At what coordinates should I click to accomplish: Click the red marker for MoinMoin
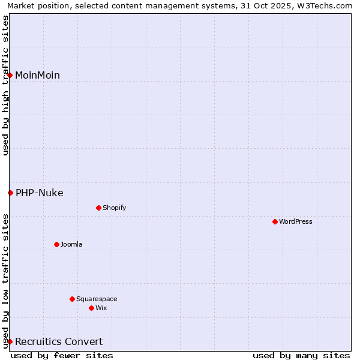click(10, 75)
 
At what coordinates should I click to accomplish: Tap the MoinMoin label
click(37, 75)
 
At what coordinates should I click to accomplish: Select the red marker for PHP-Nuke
click(10, 193)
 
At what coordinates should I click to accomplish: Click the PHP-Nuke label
click(39, 193)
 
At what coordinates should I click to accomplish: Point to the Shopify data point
click(98, 208)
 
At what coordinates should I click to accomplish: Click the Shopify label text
click(114, 208)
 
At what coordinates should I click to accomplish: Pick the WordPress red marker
click(275, 221)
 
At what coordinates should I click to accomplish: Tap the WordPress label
click(295, 221)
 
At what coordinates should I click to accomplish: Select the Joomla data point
click(56, 244)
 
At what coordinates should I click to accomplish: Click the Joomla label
click(71, 244)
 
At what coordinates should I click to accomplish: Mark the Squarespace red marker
click(72, 299)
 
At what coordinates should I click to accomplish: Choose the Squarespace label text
click(97, 299)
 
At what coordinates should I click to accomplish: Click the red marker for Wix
click(91, 308)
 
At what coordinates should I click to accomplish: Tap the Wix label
click(101, 308)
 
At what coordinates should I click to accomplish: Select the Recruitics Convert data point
click(10, 341)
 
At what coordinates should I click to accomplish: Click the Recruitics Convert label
click(59, 341)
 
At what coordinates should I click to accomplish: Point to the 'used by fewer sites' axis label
click(62, 355)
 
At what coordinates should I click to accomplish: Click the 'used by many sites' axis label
click(301, 355)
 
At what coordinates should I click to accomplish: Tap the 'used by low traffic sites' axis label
click(5, 280)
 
